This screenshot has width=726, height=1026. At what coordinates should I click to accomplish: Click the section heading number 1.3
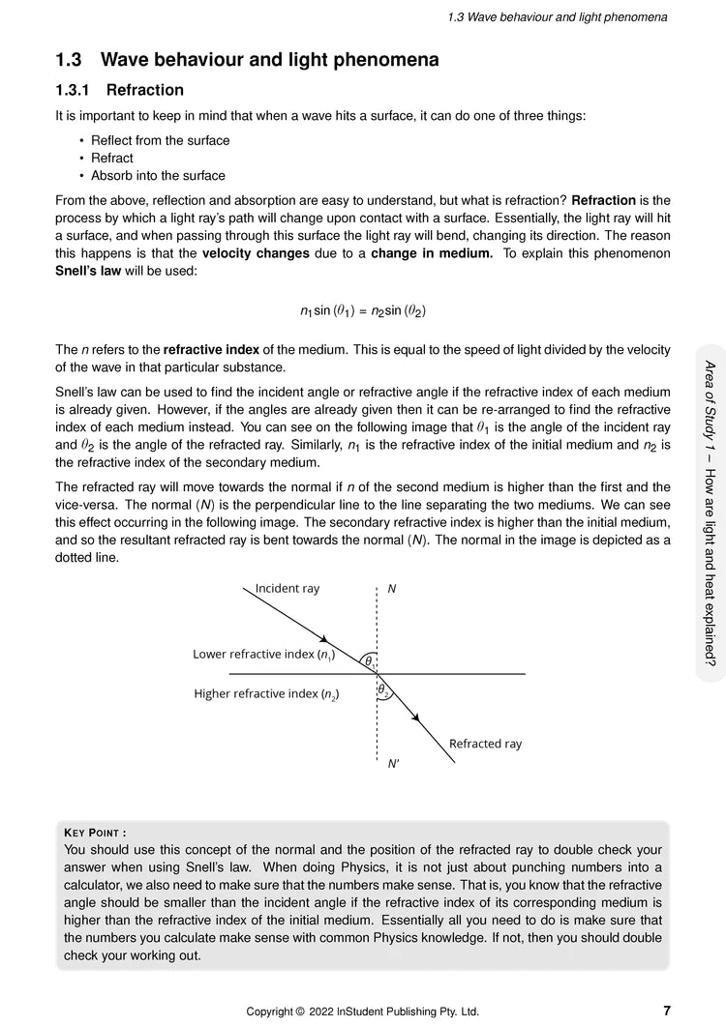(x=72, y=60)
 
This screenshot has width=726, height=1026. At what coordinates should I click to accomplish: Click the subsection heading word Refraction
(x=145, y=91)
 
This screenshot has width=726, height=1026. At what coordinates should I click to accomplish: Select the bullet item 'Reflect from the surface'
(x=160, y=140)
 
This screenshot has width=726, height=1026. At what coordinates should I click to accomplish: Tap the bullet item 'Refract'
(x=112, y=158)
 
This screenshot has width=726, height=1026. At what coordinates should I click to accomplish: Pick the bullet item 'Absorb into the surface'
(x=158, y=176)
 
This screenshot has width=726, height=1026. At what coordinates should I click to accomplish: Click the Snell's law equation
(x=363, y=311)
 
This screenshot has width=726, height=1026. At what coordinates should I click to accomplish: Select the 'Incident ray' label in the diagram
(x=287, y=588)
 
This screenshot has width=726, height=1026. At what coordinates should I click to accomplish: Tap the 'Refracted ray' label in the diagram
(x=485, y=744)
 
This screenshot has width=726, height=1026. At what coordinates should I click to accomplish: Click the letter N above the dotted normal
(x=391, y=588)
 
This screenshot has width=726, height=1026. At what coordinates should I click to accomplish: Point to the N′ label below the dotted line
(x=394, y=764)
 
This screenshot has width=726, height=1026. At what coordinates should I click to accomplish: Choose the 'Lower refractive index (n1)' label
(x=264, y=655)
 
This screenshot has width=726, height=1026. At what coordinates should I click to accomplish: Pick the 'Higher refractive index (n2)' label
(x=266, y=693)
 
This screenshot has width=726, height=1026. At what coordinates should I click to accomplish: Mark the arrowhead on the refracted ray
(x=415, y=717)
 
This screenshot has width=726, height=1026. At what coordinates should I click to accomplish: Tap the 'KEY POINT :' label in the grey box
(x=95, y=832)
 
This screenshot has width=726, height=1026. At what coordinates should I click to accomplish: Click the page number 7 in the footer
(x=667, y=1011)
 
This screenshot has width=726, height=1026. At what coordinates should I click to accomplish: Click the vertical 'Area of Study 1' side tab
(x=710, y=513)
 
